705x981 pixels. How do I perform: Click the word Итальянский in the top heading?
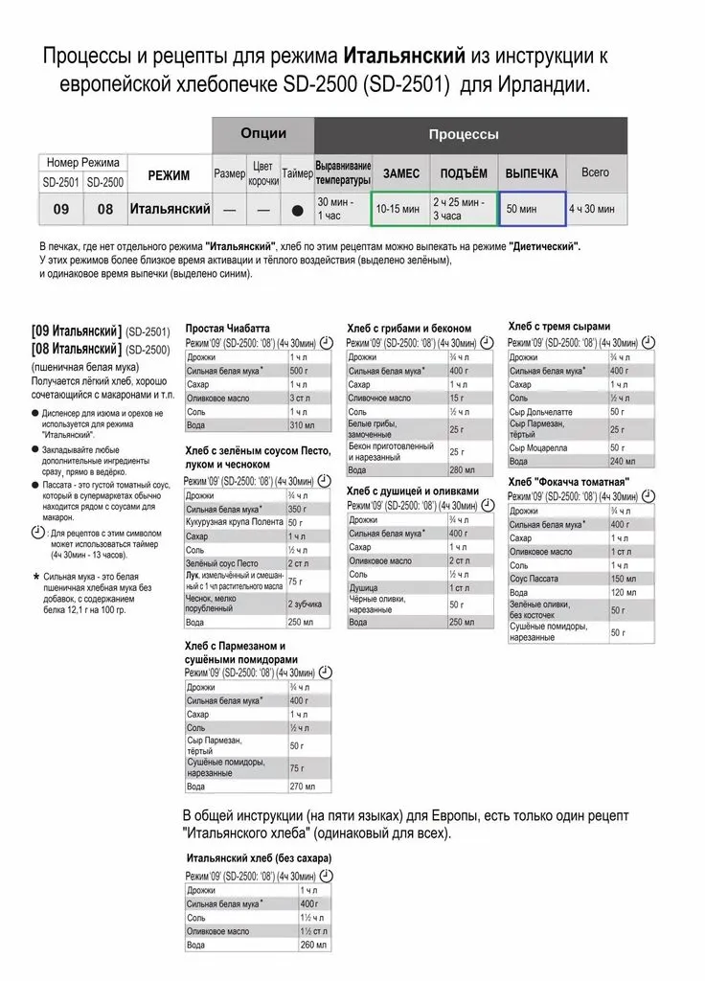410,57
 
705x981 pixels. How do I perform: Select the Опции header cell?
262,134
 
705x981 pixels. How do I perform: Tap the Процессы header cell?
463,135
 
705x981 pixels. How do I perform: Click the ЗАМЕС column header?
400,174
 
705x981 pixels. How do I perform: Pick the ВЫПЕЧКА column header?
532,174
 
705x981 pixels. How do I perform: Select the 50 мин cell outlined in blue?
532,208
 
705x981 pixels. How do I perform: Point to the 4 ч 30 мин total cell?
595,208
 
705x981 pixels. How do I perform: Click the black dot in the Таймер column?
297,209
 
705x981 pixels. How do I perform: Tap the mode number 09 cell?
61,208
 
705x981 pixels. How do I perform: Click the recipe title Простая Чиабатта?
228,327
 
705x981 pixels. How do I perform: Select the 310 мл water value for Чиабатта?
302,424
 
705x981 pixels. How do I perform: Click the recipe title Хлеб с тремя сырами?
559,327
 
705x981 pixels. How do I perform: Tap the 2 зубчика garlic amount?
306,605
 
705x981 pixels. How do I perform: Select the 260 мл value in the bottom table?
308,945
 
